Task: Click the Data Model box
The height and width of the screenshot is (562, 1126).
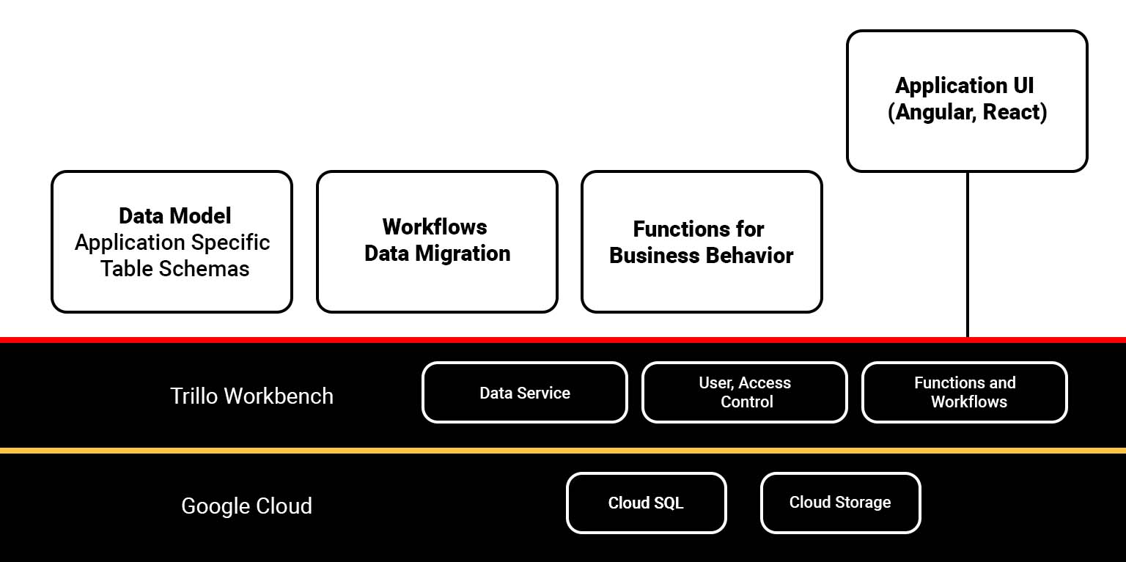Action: coord(172,242)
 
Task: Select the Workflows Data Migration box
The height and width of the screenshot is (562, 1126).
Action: coord(437,242)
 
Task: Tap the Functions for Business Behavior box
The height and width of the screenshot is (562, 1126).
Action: coord(702,242)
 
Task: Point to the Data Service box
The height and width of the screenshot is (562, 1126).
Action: coord(525,393)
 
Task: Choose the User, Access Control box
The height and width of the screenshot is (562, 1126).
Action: coord(745,393)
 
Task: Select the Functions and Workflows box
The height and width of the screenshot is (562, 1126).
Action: coord(965,393)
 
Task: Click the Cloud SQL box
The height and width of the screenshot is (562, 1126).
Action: coord(646,503)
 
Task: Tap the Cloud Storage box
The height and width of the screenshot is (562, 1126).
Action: coord(840,503)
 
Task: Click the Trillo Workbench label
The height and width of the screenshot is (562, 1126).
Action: coord(251,396)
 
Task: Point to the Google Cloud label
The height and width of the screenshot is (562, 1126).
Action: coord(246,506)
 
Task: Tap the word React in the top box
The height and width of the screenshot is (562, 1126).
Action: coord(1014,113)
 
